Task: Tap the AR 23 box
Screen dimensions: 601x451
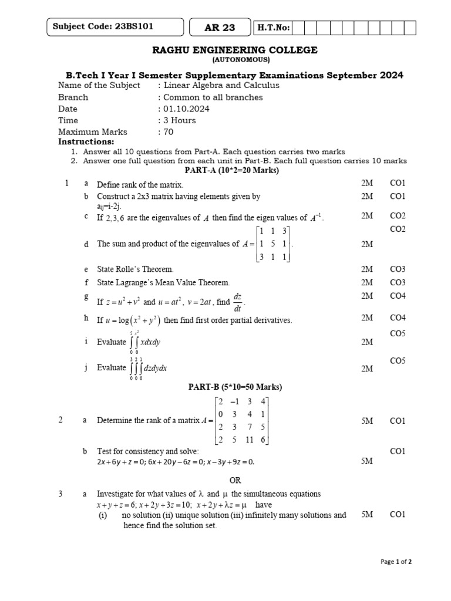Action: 219,28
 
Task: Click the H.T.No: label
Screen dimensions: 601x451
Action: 271,28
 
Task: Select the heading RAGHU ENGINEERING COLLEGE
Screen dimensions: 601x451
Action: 235,50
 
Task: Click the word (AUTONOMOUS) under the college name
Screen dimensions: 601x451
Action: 241,60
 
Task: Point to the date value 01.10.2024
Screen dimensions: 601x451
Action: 186,109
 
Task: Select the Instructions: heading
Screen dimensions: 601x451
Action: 86,142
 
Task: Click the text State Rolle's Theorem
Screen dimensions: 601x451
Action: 135,269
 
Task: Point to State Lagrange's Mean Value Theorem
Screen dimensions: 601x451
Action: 163,283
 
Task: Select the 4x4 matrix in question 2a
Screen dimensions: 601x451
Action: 242,421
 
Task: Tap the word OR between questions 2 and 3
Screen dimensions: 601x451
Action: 235,480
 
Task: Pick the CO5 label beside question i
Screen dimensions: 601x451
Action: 398,333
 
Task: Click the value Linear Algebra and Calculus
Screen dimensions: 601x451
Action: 213,86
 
